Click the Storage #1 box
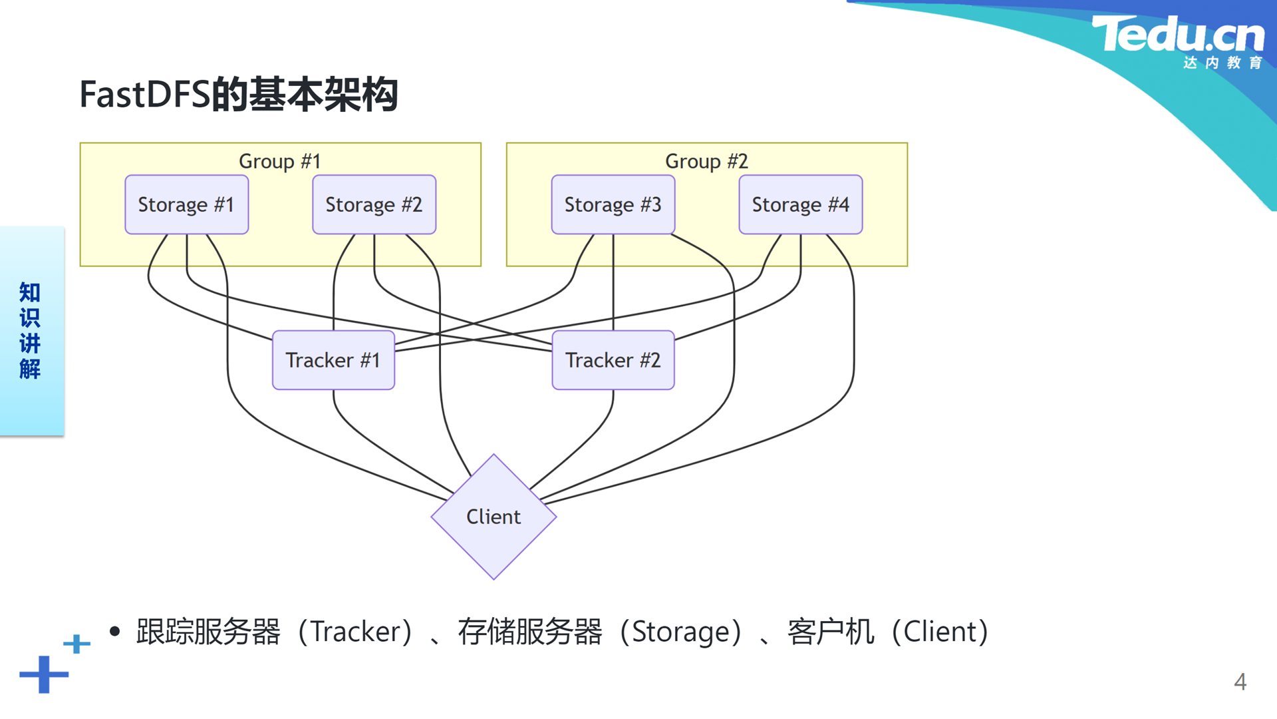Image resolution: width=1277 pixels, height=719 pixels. pos(187,204)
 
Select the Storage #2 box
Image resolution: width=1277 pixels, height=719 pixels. pos(374,204)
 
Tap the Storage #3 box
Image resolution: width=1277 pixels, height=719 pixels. pos(613,204)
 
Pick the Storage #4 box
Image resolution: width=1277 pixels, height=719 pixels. pos(801,204)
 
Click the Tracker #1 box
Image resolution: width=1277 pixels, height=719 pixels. pos(333,360)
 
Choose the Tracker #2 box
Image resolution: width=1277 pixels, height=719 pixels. pos(613,360)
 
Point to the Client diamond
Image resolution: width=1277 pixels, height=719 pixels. pos(494,517)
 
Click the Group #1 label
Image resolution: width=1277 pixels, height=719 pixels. pos(280,161)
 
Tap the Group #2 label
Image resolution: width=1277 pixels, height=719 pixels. pos(706,161)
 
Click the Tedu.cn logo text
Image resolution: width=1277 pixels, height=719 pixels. pos(1178,35)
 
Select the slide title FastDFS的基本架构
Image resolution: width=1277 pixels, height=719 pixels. pos(239,94)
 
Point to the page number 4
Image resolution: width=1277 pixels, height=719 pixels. pos(1240,682)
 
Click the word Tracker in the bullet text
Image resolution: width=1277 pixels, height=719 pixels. pos(356,632)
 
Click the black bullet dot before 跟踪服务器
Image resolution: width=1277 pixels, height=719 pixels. pos(115,631)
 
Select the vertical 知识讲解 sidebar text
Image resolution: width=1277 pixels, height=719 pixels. pos(30,331)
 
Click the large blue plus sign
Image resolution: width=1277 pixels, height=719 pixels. pos(44,674)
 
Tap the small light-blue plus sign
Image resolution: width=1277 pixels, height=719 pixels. pos(76,644)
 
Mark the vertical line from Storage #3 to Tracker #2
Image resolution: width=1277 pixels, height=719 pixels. pos(613,282)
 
